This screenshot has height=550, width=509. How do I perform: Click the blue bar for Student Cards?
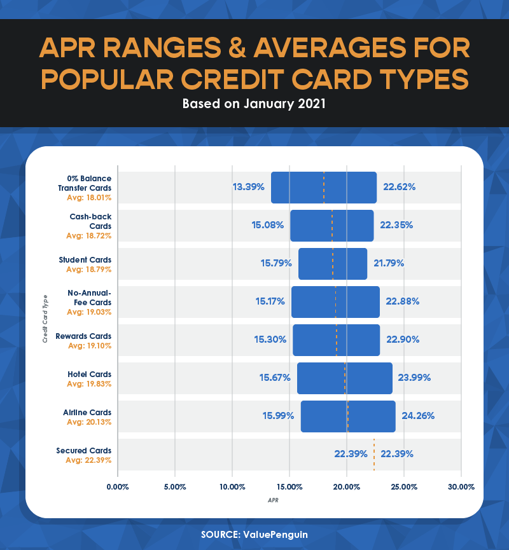pyautogui.click(x=332, y=264)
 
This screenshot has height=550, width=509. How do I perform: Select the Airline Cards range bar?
pyautogui.click(x=348, y=416)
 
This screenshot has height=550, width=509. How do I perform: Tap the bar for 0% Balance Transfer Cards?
pyautogui.click(x=323, y=188)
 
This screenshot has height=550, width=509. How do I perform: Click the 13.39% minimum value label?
pyautogui.click(x=248, y=187)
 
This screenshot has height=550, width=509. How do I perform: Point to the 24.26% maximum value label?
pyautogui.click(x=418, y=416)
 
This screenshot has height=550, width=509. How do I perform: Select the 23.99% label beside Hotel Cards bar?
pyautogui.click(x=414, y=378)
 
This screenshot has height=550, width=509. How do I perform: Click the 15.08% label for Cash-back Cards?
pyautogui.click(x=268, y=225)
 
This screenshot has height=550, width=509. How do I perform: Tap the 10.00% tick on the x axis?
pyautogui.click(x=232, y=487)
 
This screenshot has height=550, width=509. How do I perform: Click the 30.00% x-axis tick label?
pyautogui.click(x=461, y=487)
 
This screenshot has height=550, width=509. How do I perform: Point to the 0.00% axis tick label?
pyautogui.click(x=118, y=487)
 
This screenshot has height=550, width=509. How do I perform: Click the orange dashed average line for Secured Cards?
pyautogui.click(x=374, y=454)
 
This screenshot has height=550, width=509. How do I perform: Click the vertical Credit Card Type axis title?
pyautogui.click(x=45, y=319)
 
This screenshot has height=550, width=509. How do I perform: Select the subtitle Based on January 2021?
pyautogui.click(x=254, y=104)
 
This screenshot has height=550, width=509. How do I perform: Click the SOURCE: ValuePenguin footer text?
pyautogui.click(x=254, y=534)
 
